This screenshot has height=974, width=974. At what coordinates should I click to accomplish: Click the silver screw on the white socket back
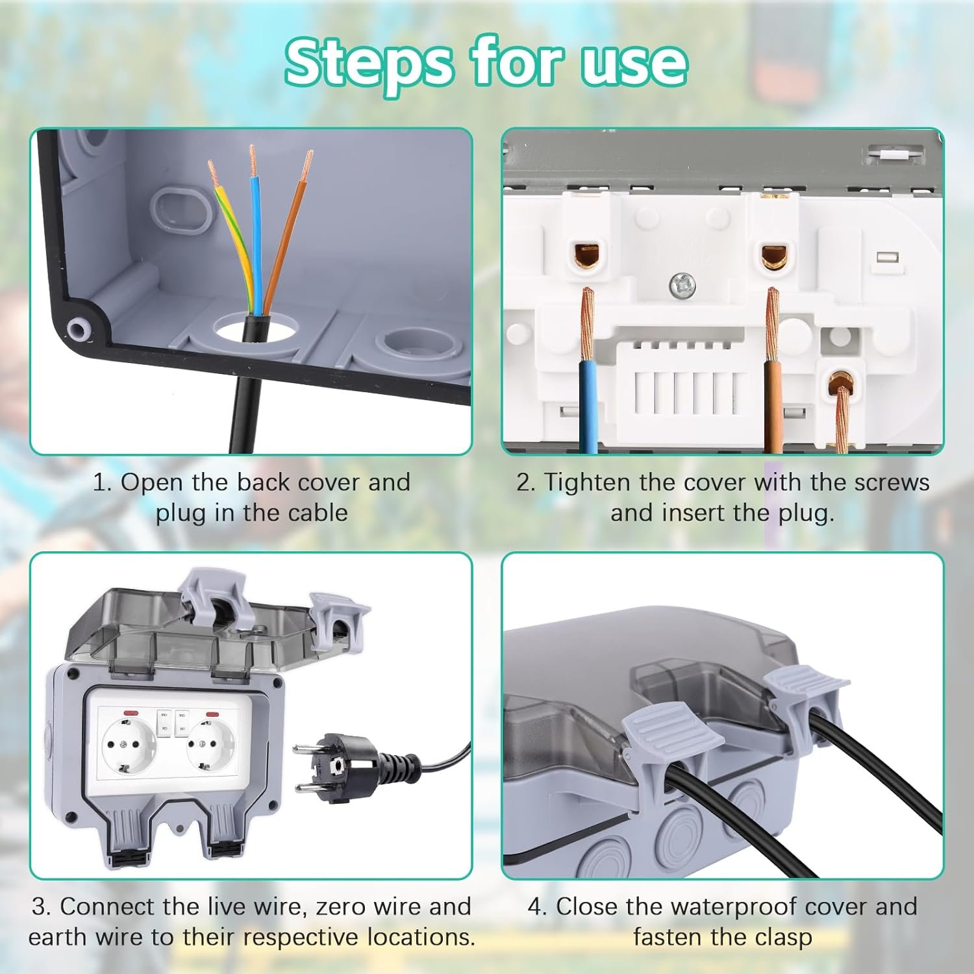point(682,283)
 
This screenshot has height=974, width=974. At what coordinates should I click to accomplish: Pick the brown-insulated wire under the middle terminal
point(773,403)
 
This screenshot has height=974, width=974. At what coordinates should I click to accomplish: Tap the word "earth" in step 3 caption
point(59,937)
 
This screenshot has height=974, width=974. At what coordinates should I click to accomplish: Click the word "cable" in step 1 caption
point(316,512)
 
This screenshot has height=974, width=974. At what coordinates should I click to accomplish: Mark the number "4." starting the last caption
point(538,906)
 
